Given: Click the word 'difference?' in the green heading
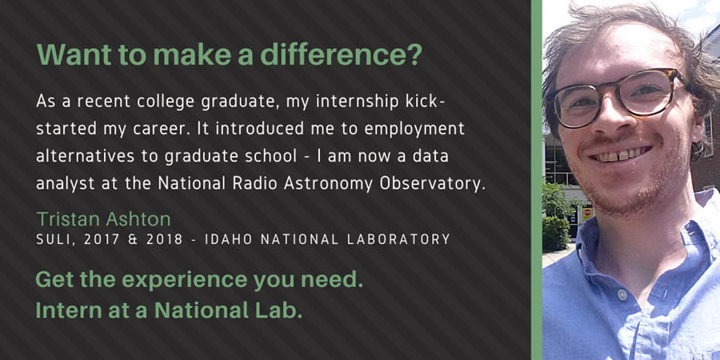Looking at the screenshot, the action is coord(341,54).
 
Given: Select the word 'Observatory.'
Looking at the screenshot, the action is coord(432,184).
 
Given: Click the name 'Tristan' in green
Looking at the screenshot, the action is coord(69,219).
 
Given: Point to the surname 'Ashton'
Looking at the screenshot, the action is coord(138,219).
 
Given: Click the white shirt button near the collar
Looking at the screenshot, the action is coord(622,294).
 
